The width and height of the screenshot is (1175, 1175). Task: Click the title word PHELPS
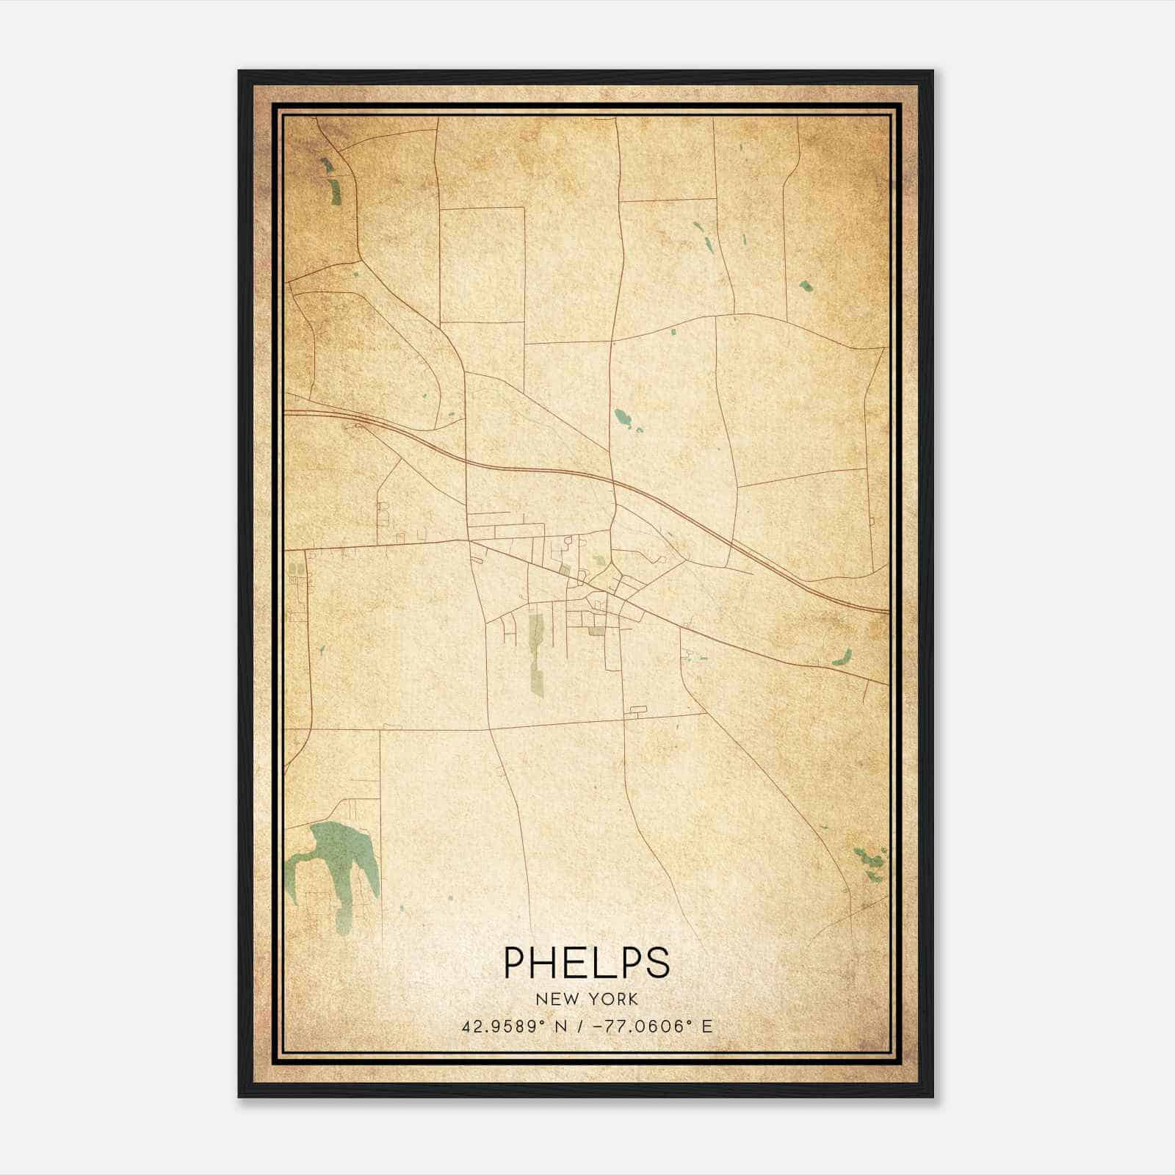click(587, 963)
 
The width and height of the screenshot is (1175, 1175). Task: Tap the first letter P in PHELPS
click(513, 963)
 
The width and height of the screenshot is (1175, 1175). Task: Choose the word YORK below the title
click(612, 999)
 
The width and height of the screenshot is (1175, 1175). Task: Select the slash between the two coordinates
click(581, 1027)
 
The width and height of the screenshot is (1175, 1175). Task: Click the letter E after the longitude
click(706, 1027)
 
